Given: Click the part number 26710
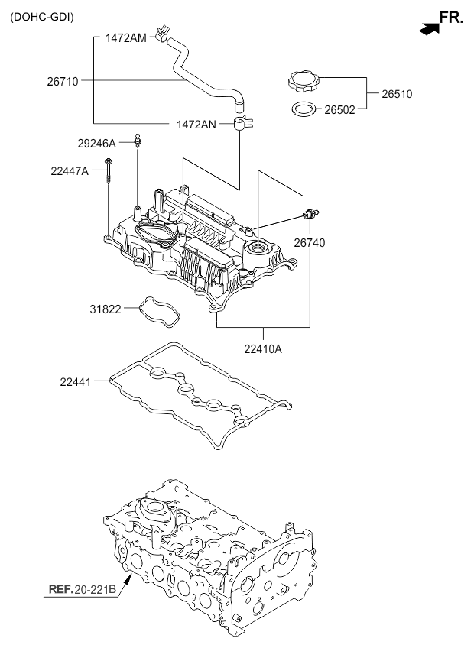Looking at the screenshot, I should pos(63,79).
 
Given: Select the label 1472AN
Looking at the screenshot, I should pos(197,124).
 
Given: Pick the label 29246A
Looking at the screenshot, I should pos(96,143).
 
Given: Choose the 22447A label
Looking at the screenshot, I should pos(70,171).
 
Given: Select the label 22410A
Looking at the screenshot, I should pos(263,349).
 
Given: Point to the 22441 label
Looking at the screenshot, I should pos(78,380).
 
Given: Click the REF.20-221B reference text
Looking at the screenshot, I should pos(83,589).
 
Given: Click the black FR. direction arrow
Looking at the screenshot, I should pos(430,28).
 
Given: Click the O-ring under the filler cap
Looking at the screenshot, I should pos(304,110).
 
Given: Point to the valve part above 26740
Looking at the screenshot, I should pos(311,214).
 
